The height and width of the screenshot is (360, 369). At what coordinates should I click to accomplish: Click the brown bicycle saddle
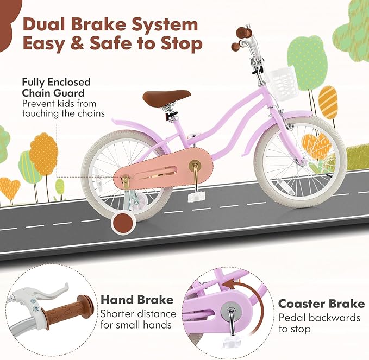166,98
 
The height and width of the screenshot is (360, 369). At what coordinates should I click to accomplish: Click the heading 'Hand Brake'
137,300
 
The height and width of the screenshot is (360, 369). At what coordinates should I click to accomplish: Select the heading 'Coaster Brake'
321,304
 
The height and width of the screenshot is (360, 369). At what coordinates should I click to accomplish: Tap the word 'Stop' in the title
179,43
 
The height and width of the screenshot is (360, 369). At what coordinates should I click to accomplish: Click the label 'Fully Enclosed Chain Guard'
56,87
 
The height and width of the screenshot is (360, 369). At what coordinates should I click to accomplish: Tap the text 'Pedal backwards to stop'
319,323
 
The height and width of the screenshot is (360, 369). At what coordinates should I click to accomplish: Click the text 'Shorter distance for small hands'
138,320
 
